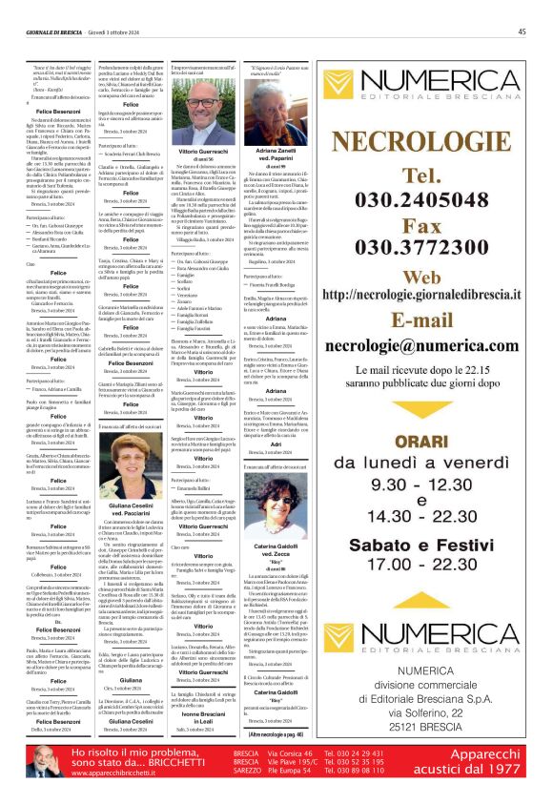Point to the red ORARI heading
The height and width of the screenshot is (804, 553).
click(x=424, y=417)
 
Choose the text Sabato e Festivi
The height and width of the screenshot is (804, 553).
click(x=424, y=546)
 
